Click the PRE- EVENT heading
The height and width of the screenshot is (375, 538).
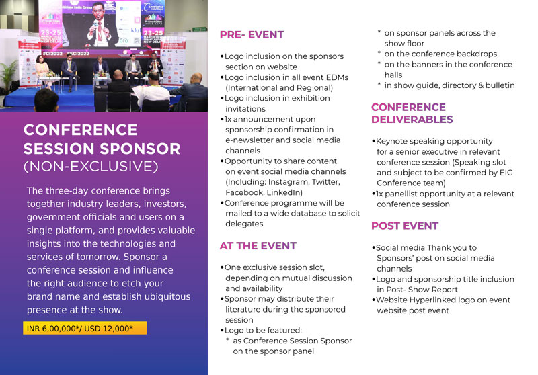point(252,35)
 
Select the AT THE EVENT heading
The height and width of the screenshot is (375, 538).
point(258,246)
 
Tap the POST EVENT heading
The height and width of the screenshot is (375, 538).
point(405,226)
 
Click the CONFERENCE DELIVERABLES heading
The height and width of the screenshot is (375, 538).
point(412,113)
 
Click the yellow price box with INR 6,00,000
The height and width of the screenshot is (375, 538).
point(85,328)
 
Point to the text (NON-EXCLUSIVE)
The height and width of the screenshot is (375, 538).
point(91,167)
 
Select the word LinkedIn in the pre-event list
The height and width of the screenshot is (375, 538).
point(284,192)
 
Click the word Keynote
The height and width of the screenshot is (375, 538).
point(391,141)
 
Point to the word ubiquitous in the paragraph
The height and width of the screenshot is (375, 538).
point(167,296)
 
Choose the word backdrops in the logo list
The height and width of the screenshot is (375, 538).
point(477,54)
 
